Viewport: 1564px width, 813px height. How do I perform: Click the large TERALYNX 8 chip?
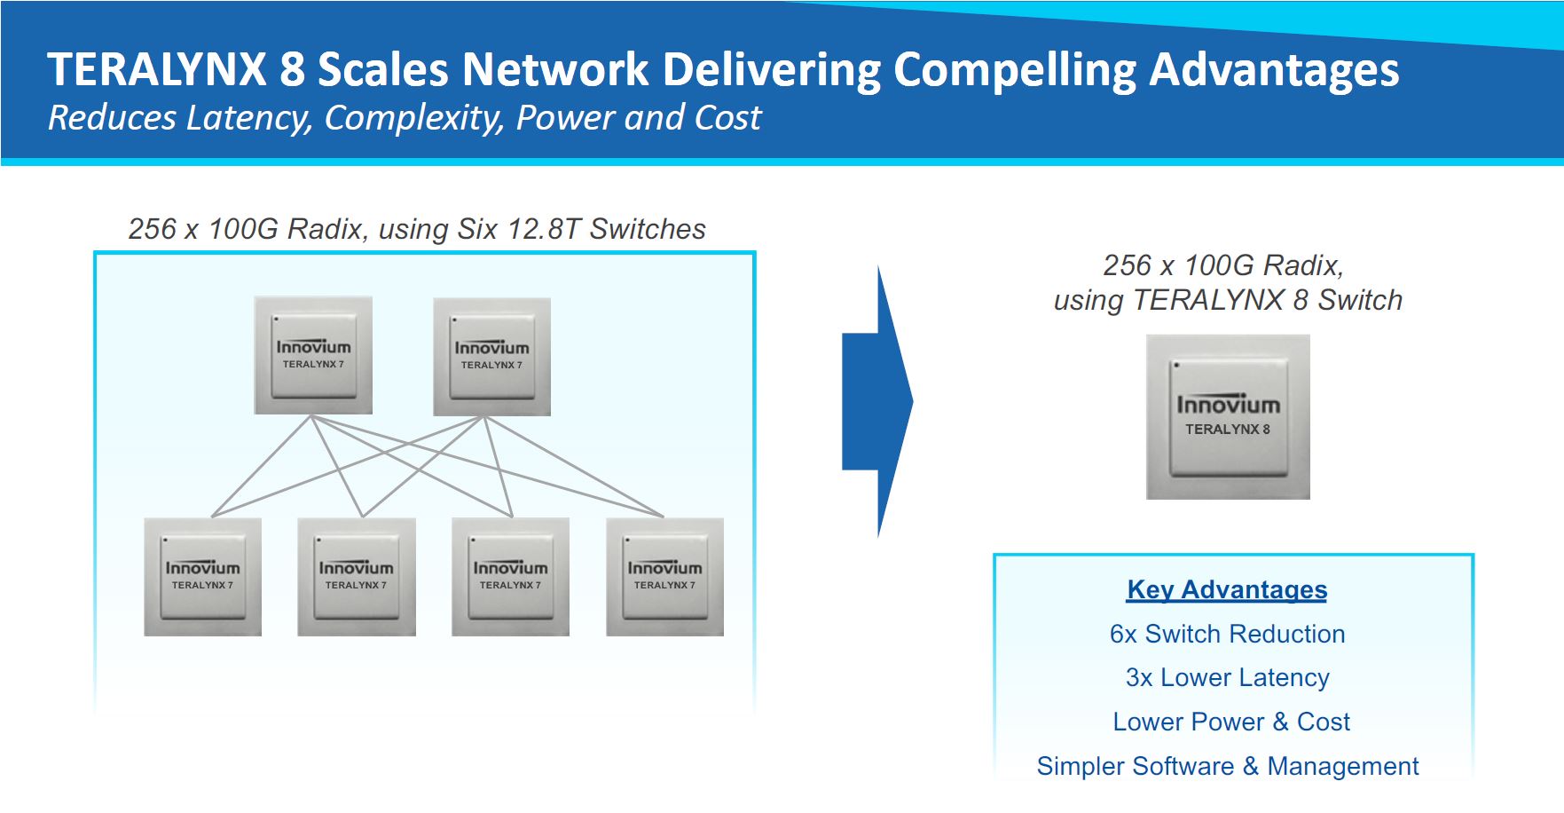(x=1228, y=416)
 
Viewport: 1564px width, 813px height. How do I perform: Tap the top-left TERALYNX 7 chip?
(x=313, y=355)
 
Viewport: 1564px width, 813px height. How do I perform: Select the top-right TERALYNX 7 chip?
(x=491, y=356)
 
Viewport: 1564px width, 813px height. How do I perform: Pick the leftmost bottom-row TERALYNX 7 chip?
(x=202, y=576)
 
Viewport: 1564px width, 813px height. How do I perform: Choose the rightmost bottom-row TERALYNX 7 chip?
(x=664, y=576)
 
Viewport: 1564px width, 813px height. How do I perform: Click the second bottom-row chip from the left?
(x=357, y=576)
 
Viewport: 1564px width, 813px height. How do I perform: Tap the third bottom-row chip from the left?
(x=510, y=576)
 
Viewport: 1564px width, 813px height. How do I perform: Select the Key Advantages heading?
(x=1227, y=589)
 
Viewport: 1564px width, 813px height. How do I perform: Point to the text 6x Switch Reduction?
(x=1227, y=634)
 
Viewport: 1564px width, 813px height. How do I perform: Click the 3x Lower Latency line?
(x=1227, y=677)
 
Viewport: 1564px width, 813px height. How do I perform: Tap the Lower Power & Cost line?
(x=1231, y=722)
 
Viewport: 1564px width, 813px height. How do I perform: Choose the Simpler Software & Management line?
(x=1227, y=766)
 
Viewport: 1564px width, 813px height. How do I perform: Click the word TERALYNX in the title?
(x=157, y=69)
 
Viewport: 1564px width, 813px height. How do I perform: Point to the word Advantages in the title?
(x=1274, y=69)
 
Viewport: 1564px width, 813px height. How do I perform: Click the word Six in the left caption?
(x=477, y=229)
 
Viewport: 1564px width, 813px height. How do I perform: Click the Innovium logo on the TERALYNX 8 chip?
(x=1228, y=405)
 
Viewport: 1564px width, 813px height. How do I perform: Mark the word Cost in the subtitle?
(x=727, y=118)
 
